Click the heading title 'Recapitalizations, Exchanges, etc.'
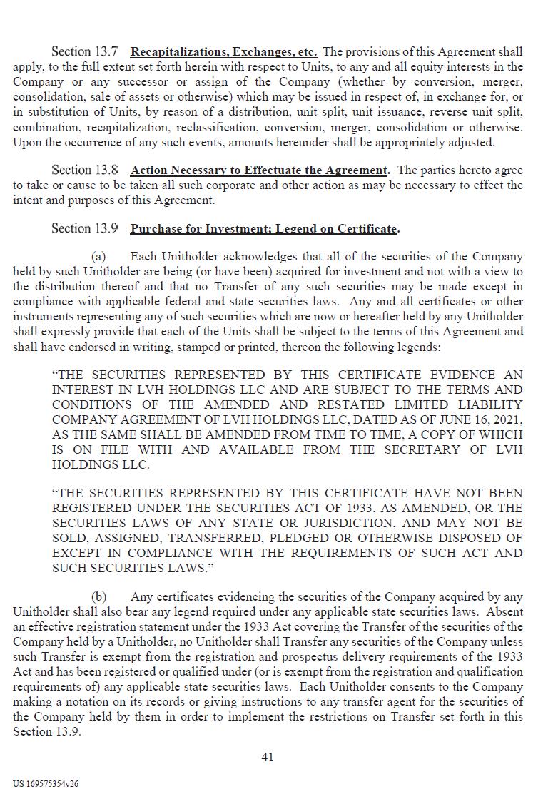tap(223, 52)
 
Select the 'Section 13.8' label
tap(84, 170)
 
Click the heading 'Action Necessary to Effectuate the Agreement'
tap(259, 170)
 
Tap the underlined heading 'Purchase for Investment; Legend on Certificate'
tap(263, 229)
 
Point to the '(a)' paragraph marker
tap(98, 257)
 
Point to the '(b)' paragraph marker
tap(98, 597)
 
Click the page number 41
tap(268, 758)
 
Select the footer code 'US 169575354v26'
tap(46, 783)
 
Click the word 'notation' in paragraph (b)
tap(83, 701)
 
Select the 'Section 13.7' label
tap(84, 52)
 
